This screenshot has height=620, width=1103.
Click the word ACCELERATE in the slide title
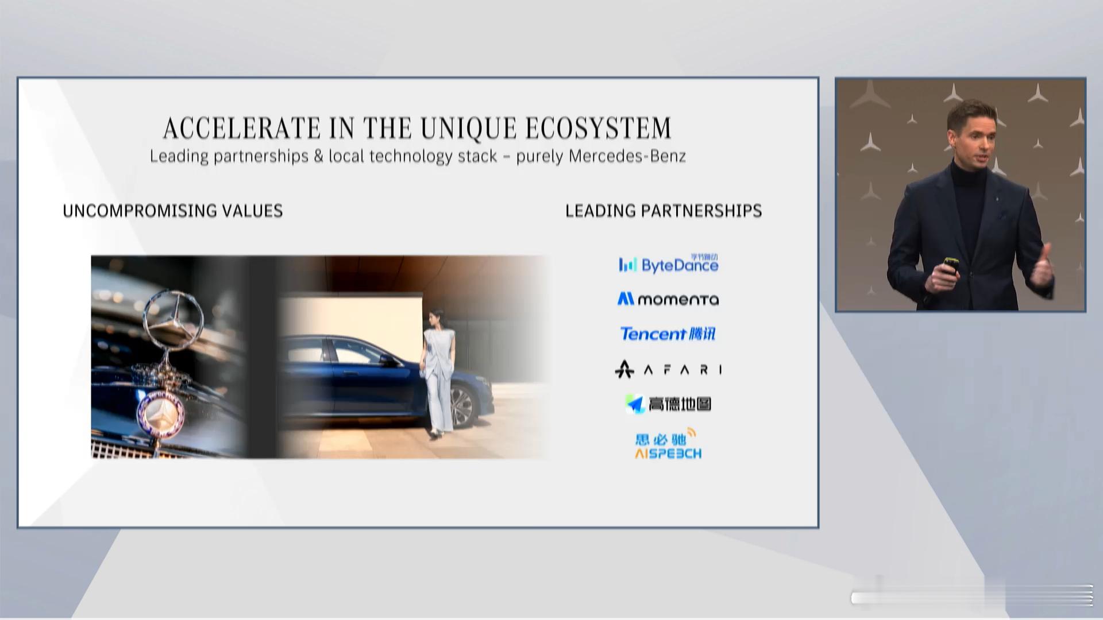click(241, 127)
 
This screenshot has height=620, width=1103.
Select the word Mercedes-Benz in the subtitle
click(627, 156)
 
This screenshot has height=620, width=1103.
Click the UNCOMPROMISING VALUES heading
click(173, 211)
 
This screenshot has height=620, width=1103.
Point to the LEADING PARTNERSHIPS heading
click(664, 211)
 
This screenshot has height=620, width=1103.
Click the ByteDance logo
click(669, 264)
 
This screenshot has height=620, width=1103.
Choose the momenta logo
click(668, 299)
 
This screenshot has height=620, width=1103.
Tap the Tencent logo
click(668, 334)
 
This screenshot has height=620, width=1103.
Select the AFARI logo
click(668, 369)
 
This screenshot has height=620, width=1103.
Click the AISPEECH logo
click(668, 444)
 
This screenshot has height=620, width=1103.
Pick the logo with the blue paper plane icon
click(668, 404)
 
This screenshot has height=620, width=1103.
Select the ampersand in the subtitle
click(319, 156)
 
